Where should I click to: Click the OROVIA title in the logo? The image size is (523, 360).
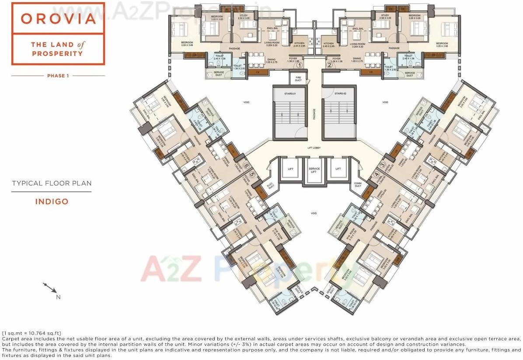(58, 19)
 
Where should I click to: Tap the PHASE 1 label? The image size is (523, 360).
(58, 76)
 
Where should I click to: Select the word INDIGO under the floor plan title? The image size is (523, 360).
(52, 202)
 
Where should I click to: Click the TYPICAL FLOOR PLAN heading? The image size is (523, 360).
(52, 183)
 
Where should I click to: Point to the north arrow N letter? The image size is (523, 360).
(58, 297)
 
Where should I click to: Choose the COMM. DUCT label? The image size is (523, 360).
(358, 185)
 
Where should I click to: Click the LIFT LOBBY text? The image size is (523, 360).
(314, 148)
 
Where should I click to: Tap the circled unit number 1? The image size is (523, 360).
(300, 66)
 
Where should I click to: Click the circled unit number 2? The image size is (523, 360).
(329, 66)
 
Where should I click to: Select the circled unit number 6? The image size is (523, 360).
(246, 166)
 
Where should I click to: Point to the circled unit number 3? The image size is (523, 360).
(382, 165)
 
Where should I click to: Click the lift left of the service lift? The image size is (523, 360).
(290, 169)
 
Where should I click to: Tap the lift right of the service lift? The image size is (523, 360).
(338, 169)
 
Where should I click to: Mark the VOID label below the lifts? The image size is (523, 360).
(314, 213)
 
